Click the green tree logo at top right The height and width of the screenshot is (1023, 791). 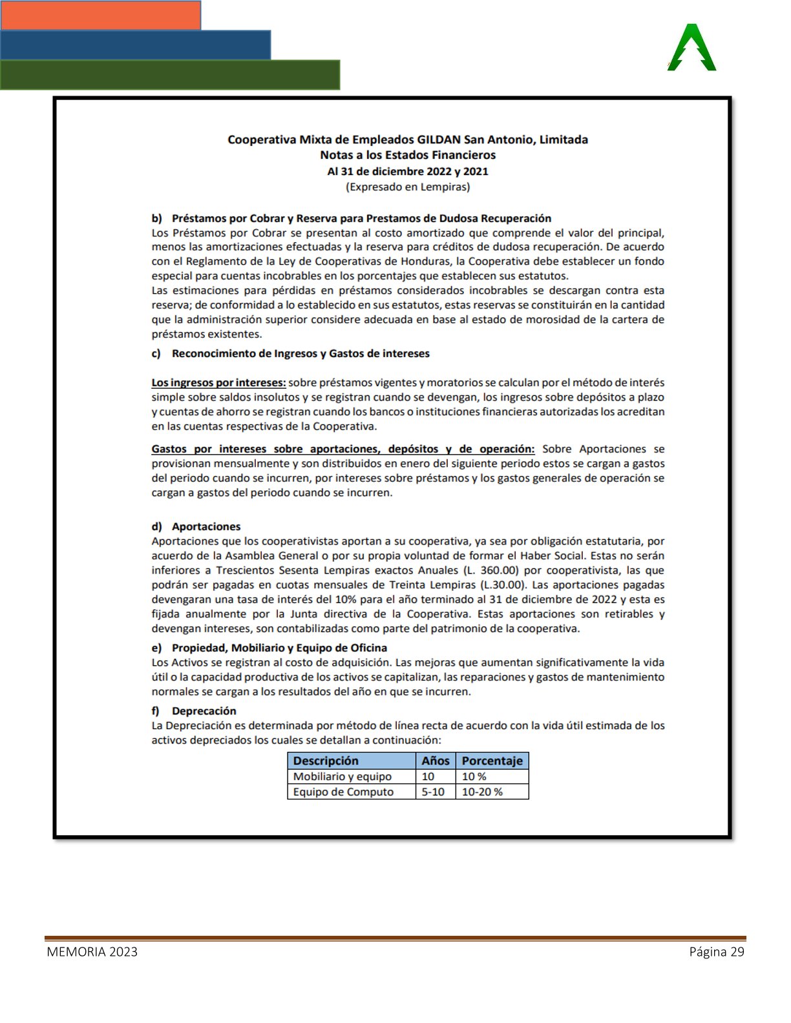click(x=691, y=48)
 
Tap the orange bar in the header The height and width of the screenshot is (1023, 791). click(x=100, y=15)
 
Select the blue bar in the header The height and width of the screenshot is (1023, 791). click(x=135, y=45)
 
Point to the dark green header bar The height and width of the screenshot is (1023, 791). click(x=169, y=75)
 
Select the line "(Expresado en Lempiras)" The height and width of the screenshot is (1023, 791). click(x=408, y=187)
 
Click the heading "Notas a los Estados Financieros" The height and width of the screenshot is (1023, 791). click(x=408, y=155)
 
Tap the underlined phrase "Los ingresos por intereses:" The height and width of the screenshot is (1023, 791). click(x=218, y=383)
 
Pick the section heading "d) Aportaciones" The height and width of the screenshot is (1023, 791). click(x=196, y=526)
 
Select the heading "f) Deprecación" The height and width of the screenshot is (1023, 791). click(x=194, y=711)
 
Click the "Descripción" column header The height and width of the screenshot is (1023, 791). click(x=326, y=761)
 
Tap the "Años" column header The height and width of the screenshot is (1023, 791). click(x=435, y=761)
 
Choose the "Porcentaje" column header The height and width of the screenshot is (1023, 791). click(x=492, y=761)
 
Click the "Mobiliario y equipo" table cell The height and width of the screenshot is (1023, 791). click(x=343, y=776)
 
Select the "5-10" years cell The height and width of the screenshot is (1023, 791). click(x=433, y=792)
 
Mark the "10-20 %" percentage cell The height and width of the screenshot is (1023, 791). click(x=482, y=792)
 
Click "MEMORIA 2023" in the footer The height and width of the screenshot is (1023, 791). click(x=92, y=952)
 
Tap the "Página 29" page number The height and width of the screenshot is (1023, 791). click(x=717, y=952)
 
